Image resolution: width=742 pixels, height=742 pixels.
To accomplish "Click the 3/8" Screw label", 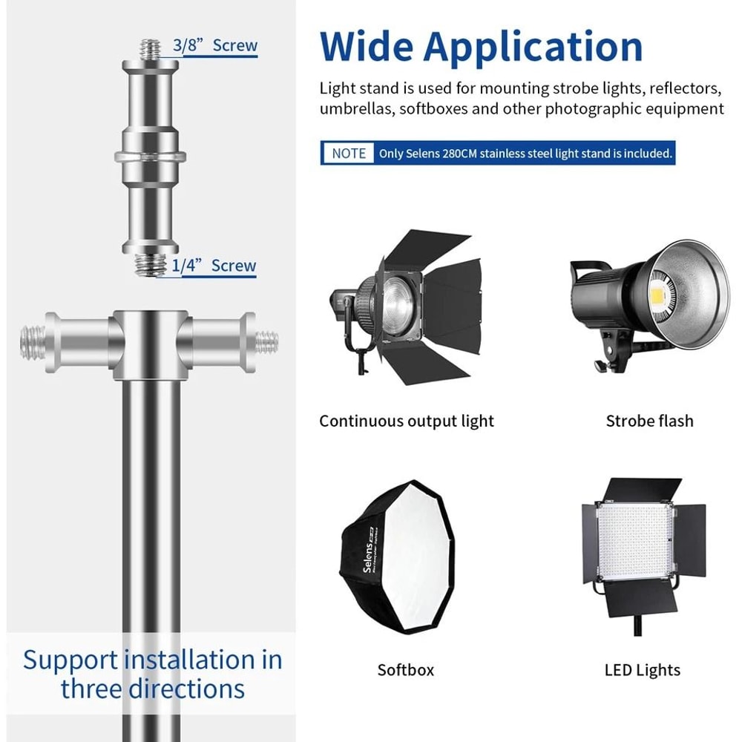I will (215, 45).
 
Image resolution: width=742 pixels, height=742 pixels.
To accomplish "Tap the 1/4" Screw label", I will (214, 266).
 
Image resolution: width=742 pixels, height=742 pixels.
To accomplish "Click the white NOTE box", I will (349, 154).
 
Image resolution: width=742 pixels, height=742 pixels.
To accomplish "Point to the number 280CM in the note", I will (459, 154).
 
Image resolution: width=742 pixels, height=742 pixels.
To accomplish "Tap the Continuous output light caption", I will (407, 421).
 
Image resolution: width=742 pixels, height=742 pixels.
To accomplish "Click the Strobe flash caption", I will (649, 421).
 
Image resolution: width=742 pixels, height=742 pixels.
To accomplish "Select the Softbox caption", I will (405, 670).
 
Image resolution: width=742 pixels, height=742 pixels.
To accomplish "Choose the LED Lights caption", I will (642, 670).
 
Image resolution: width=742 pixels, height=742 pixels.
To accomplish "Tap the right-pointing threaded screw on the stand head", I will (267, 342).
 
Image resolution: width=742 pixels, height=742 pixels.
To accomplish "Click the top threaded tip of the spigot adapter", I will (151, 49).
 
